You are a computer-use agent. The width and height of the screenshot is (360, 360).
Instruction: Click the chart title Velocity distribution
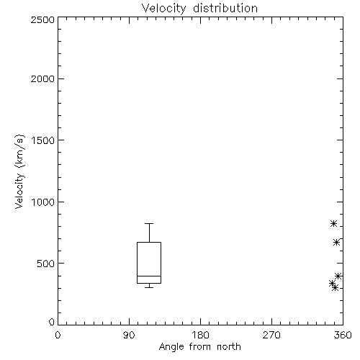(x=199, y=8)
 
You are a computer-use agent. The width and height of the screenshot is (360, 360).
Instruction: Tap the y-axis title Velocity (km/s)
(x=19, y=171)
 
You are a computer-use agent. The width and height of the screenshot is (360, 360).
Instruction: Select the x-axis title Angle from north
(x=199, y=347)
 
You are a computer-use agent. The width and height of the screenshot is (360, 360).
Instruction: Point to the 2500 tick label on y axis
(x=42, y=19)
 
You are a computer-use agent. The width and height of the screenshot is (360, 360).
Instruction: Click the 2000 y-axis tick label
(x=42, y=78)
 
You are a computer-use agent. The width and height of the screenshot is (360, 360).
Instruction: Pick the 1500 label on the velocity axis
(x=43, y=140)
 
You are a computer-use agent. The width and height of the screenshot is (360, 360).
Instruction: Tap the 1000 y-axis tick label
(x=43, y=202)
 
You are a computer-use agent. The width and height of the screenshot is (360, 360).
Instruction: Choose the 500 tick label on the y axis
(x=46, y=264)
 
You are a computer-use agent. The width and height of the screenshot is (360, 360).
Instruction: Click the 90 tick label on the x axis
(x=129, y=335)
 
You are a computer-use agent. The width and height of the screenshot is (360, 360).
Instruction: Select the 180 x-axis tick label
(x=200, y=335)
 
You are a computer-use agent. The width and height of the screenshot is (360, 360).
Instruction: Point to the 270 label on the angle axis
(x=271, y=335)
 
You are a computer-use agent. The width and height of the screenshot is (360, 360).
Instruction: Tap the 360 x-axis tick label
(x=343, y=335)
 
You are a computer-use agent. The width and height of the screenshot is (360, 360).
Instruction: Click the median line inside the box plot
(x=149, y=276)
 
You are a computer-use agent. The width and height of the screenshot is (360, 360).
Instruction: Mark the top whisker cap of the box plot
(x=149, y=224)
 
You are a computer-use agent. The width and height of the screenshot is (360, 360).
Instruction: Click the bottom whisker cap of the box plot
(x=149, y=287)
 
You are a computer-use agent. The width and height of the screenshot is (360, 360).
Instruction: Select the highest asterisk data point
(x=333, y=224)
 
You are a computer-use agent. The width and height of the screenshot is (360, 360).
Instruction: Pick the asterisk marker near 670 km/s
(x=336, y=243)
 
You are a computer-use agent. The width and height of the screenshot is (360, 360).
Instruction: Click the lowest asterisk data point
(x=336, y=287)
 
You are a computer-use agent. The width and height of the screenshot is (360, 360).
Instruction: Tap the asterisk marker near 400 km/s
(x=338, y=276)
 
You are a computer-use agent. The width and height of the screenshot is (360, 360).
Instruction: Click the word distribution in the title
(x=225, y=8)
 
